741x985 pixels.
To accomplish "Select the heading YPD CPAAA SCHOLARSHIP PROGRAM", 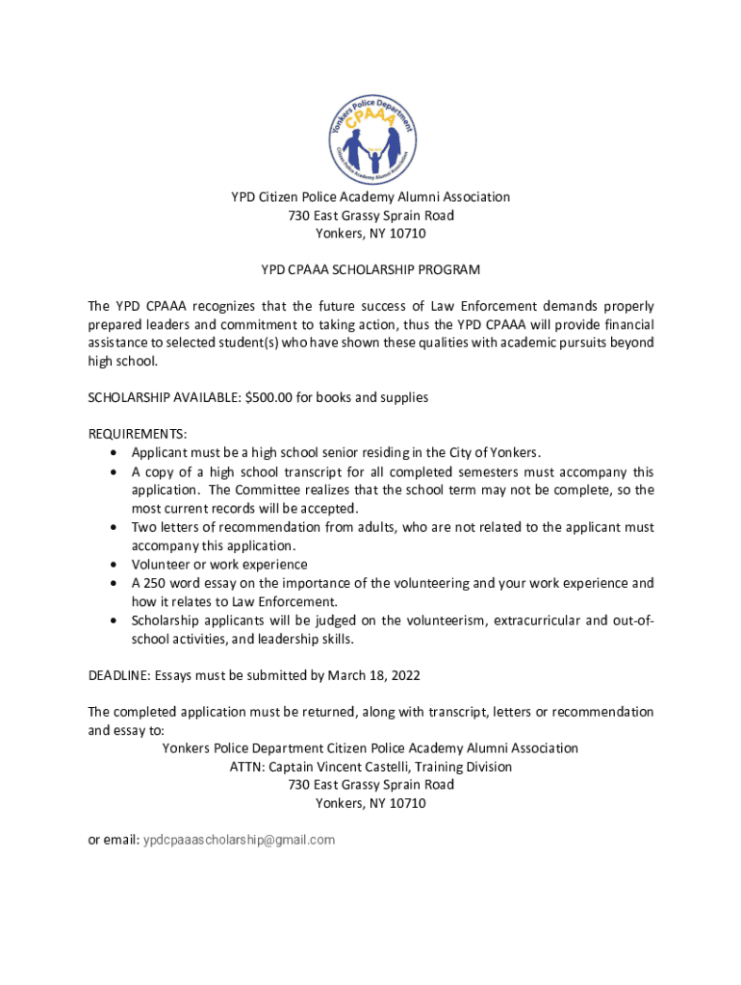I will point(370,270).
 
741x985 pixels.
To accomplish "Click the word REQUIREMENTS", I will point(137,434).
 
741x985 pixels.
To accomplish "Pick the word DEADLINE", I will point(118,675).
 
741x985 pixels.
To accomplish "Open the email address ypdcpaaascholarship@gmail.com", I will point(239,840).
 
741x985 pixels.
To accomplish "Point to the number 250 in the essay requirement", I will point(157,583).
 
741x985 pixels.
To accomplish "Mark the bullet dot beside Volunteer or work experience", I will point(115,565).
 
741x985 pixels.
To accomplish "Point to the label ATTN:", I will point(246,767).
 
